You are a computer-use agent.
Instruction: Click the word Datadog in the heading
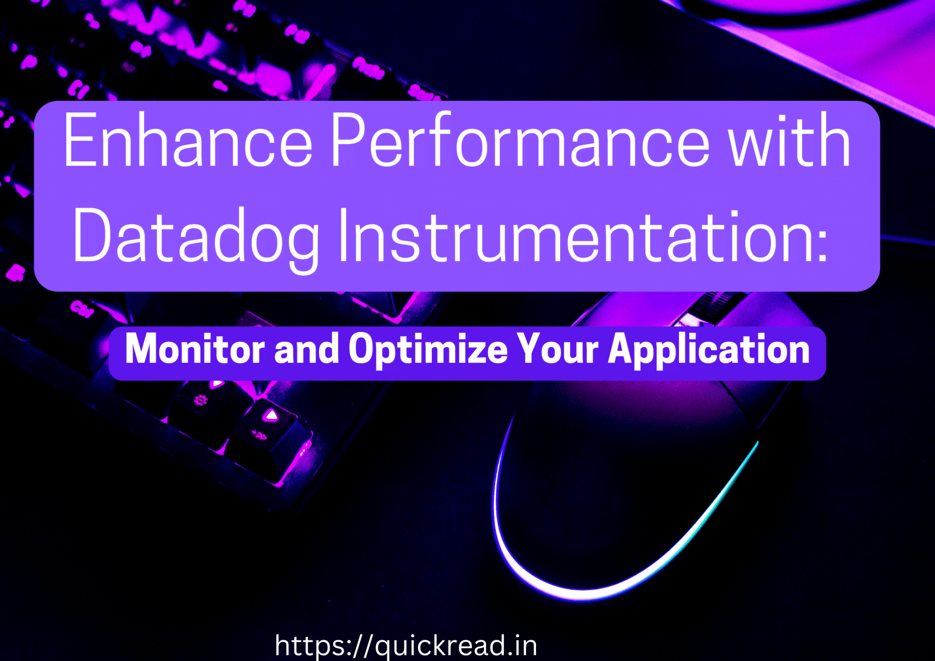196,237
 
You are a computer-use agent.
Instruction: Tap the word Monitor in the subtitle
194,349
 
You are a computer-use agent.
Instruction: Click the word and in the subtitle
306,349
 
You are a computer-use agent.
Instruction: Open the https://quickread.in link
406,645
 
